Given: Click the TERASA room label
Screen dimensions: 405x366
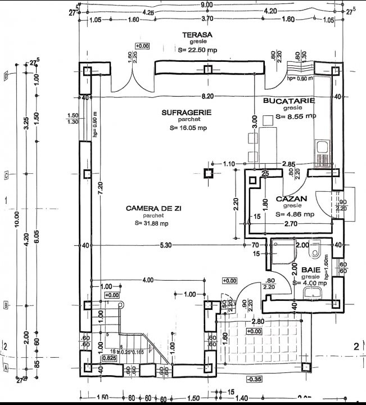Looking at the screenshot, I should (x=197, y=35).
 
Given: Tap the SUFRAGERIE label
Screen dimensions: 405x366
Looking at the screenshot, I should (x=186, y=112).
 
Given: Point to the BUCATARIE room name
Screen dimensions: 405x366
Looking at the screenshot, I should (x=289, y=101).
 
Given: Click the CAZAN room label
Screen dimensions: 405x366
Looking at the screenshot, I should (x=291, y=199).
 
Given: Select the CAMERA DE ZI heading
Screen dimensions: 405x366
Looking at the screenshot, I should (x=153, y=209).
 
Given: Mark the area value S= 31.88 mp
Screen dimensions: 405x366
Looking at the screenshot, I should (x=152, y=223).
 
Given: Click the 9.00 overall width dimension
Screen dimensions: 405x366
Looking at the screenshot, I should (x=207, y=4).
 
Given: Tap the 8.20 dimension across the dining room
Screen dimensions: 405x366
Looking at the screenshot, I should (x=208, y=97).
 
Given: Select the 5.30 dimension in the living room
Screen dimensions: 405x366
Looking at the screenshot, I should (x=165, y=245).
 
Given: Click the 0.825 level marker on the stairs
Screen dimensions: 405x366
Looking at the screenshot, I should (x=109, y=357).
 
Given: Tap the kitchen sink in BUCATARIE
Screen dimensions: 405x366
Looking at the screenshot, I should (x=322, y=148).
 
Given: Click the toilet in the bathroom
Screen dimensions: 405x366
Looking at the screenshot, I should (x=315, y=247).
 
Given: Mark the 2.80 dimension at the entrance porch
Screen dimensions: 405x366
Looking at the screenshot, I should (x=257, y=321).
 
